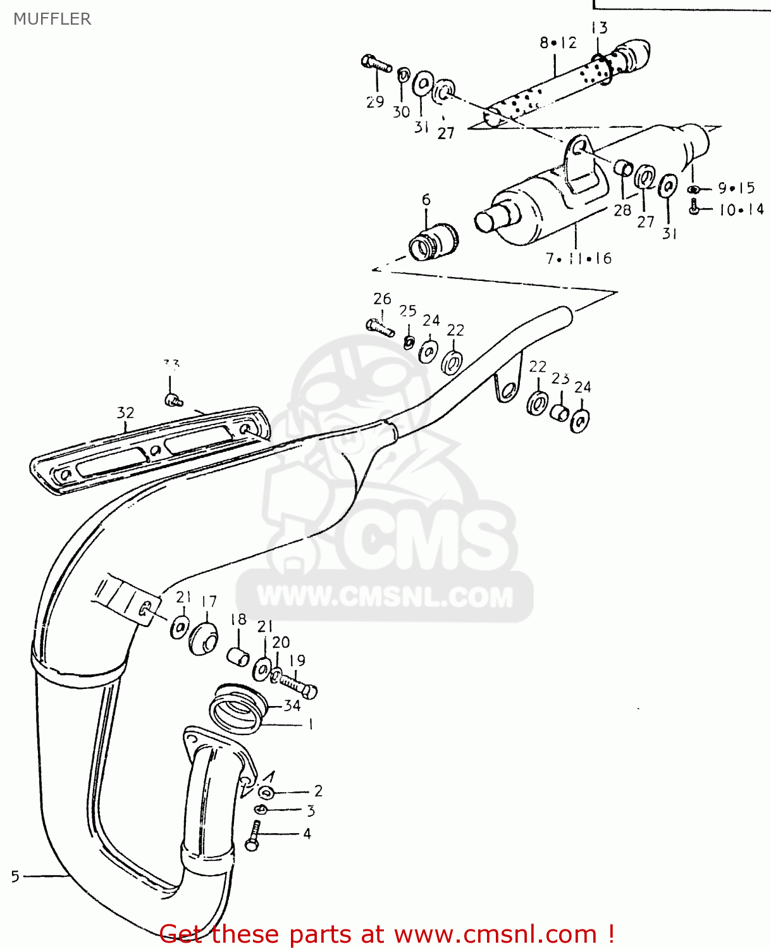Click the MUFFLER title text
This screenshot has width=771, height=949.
click(x=52, y=19)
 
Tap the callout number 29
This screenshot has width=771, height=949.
click(x=375, y=102)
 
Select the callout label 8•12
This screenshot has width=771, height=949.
click(x=558, y=43)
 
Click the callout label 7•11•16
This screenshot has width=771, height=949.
click(x=578, y=258)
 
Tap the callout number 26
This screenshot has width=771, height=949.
click(x=382, y=299)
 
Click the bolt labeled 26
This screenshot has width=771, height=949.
click(x=380, y=327)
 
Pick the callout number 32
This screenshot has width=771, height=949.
click(x=126, y=412)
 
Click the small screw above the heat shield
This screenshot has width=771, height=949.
click(x=173, y=399)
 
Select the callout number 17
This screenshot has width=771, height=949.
click(x=209, y=601)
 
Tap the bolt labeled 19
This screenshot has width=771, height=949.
click(x=297, y=685)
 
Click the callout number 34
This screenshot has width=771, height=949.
click(x=292, y=705)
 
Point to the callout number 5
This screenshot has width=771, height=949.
click(x=15, y=876)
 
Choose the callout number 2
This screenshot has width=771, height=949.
click(x=318, y=791)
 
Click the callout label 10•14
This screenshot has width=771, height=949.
click(x=741, y=209)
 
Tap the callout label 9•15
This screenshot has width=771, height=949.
click(x=736, y=188)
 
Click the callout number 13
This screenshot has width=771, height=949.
click(x=599, y=28)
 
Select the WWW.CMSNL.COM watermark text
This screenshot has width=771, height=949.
click(x=385, y=597)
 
